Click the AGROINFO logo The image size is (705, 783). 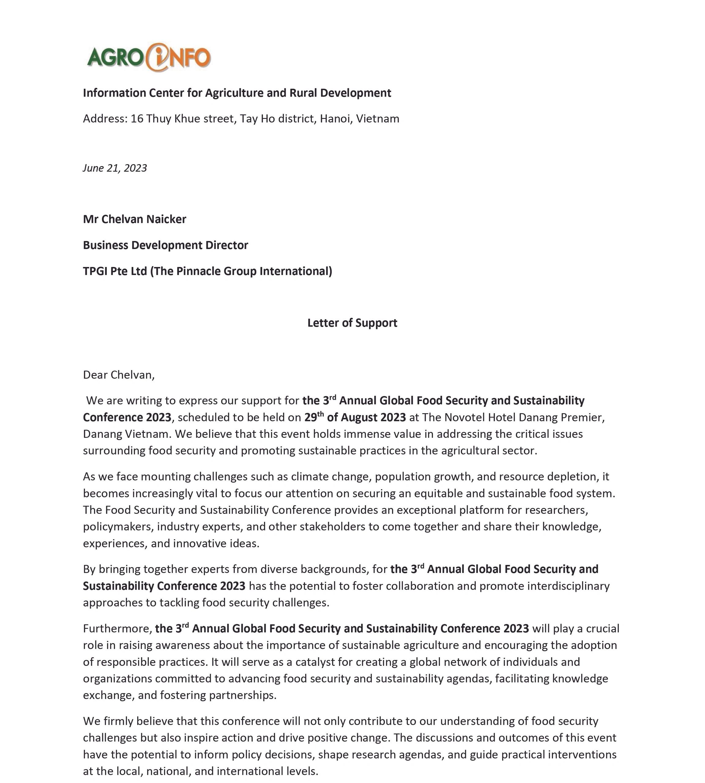coord(149,57)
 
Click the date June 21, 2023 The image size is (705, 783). coord(115,168)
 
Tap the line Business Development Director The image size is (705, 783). coord(166,245)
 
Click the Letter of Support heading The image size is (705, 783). coord(352,323)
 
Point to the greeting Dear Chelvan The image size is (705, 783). coord(118,375)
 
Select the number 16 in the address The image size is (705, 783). coord(137,118)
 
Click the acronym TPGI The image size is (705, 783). coord(95,271)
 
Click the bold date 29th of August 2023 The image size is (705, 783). coord(355,417)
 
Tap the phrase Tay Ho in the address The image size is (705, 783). coord(257,118)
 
